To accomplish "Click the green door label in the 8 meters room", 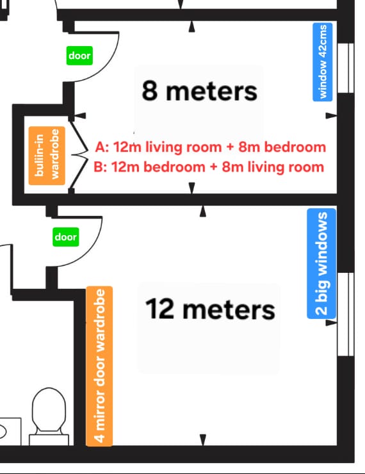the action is [x=79, y=56].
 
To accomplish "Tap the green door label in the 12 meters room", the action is [x=65, y=237].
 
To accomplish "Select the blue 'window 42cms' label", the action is [x=323, y=61].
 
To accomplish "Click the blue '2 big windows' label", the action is [x=321, y=263].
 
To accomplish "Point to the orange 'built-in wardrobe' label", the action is [x=47, y=156].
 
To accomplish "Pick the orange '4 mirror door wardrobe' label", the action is [x=99, y=366].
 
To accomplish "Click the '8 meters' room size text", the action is [x=199, y=91].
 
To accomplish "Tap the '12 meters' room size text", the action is [x=210, y=309].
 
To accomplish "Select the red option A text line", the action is [x=211, y=147].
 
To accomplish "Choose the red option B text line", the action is [x=209, y=167].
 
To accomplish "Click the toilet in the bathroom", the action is [x=49, y=416].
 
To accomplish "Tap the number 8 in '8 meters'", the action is [x=150, y=91].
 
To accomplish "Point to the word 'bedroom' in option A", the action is [x=295, y=147].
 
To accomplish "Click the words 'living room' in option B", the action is [x=286, y=167].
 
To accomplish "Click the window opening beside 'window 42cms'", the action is [x=345, y=68].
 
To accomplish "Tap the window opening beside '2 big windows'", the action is [x=345, y=315].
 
